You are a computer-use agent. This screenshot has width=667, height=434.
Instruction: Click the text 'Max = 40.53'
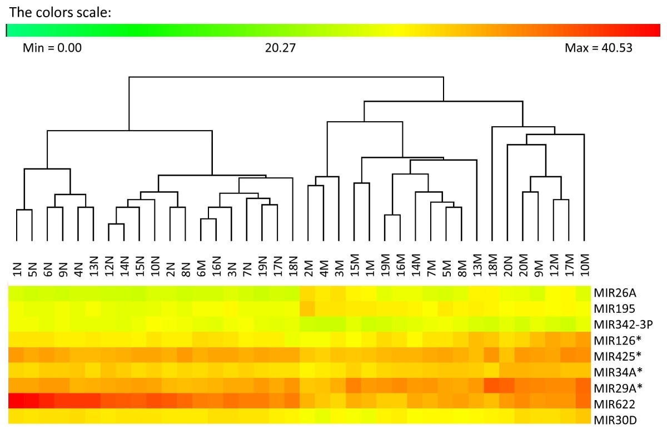click(598, 48)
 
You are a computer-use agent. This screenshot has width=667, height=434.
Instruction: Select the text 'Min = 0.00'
click(52, 48)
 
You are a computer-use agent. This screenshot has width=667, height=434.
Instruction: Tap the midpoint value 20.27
click(280, 48)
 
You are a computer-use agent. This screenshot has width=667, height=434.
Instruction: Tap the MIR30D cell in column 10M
click(583, 416)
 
